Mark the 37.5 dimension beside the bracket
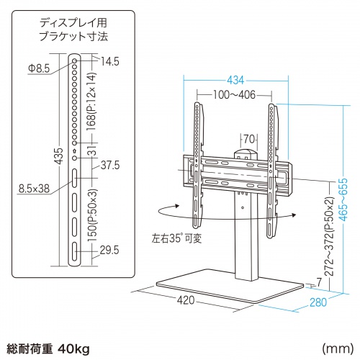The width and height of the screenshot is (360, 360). (x=109, y=165)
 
